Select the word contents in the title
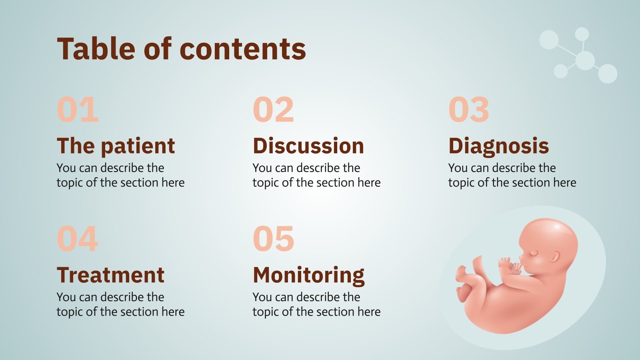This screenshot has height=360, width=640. (243, 49)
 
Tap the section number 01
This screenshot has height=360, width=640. (78, 110)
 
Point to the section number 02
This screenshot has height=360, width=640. (274, 110)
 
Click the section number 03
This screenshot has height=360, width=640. (469, 110)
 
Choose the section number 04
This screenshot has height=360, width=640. (78, 238)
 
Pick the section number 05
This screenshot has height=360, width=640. (274, 238)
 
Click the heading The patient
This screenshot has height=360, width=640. (116, 146)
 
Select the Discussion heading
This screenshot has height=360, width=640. (308, 146)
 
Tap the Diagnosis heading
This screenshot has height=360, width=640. (498, 146)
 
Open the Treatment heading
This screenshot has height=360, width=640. (110, 275)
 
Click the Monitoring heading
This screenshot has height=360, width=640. (309, 276)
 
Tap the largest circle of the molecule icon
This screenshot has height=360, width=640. (585, 60)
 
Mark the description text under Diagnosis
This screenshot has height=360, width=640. (512, 175)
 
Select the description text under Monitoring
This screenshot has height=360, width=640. (316, 304)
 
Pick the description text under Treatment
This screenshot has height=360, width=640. (120, 304)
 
